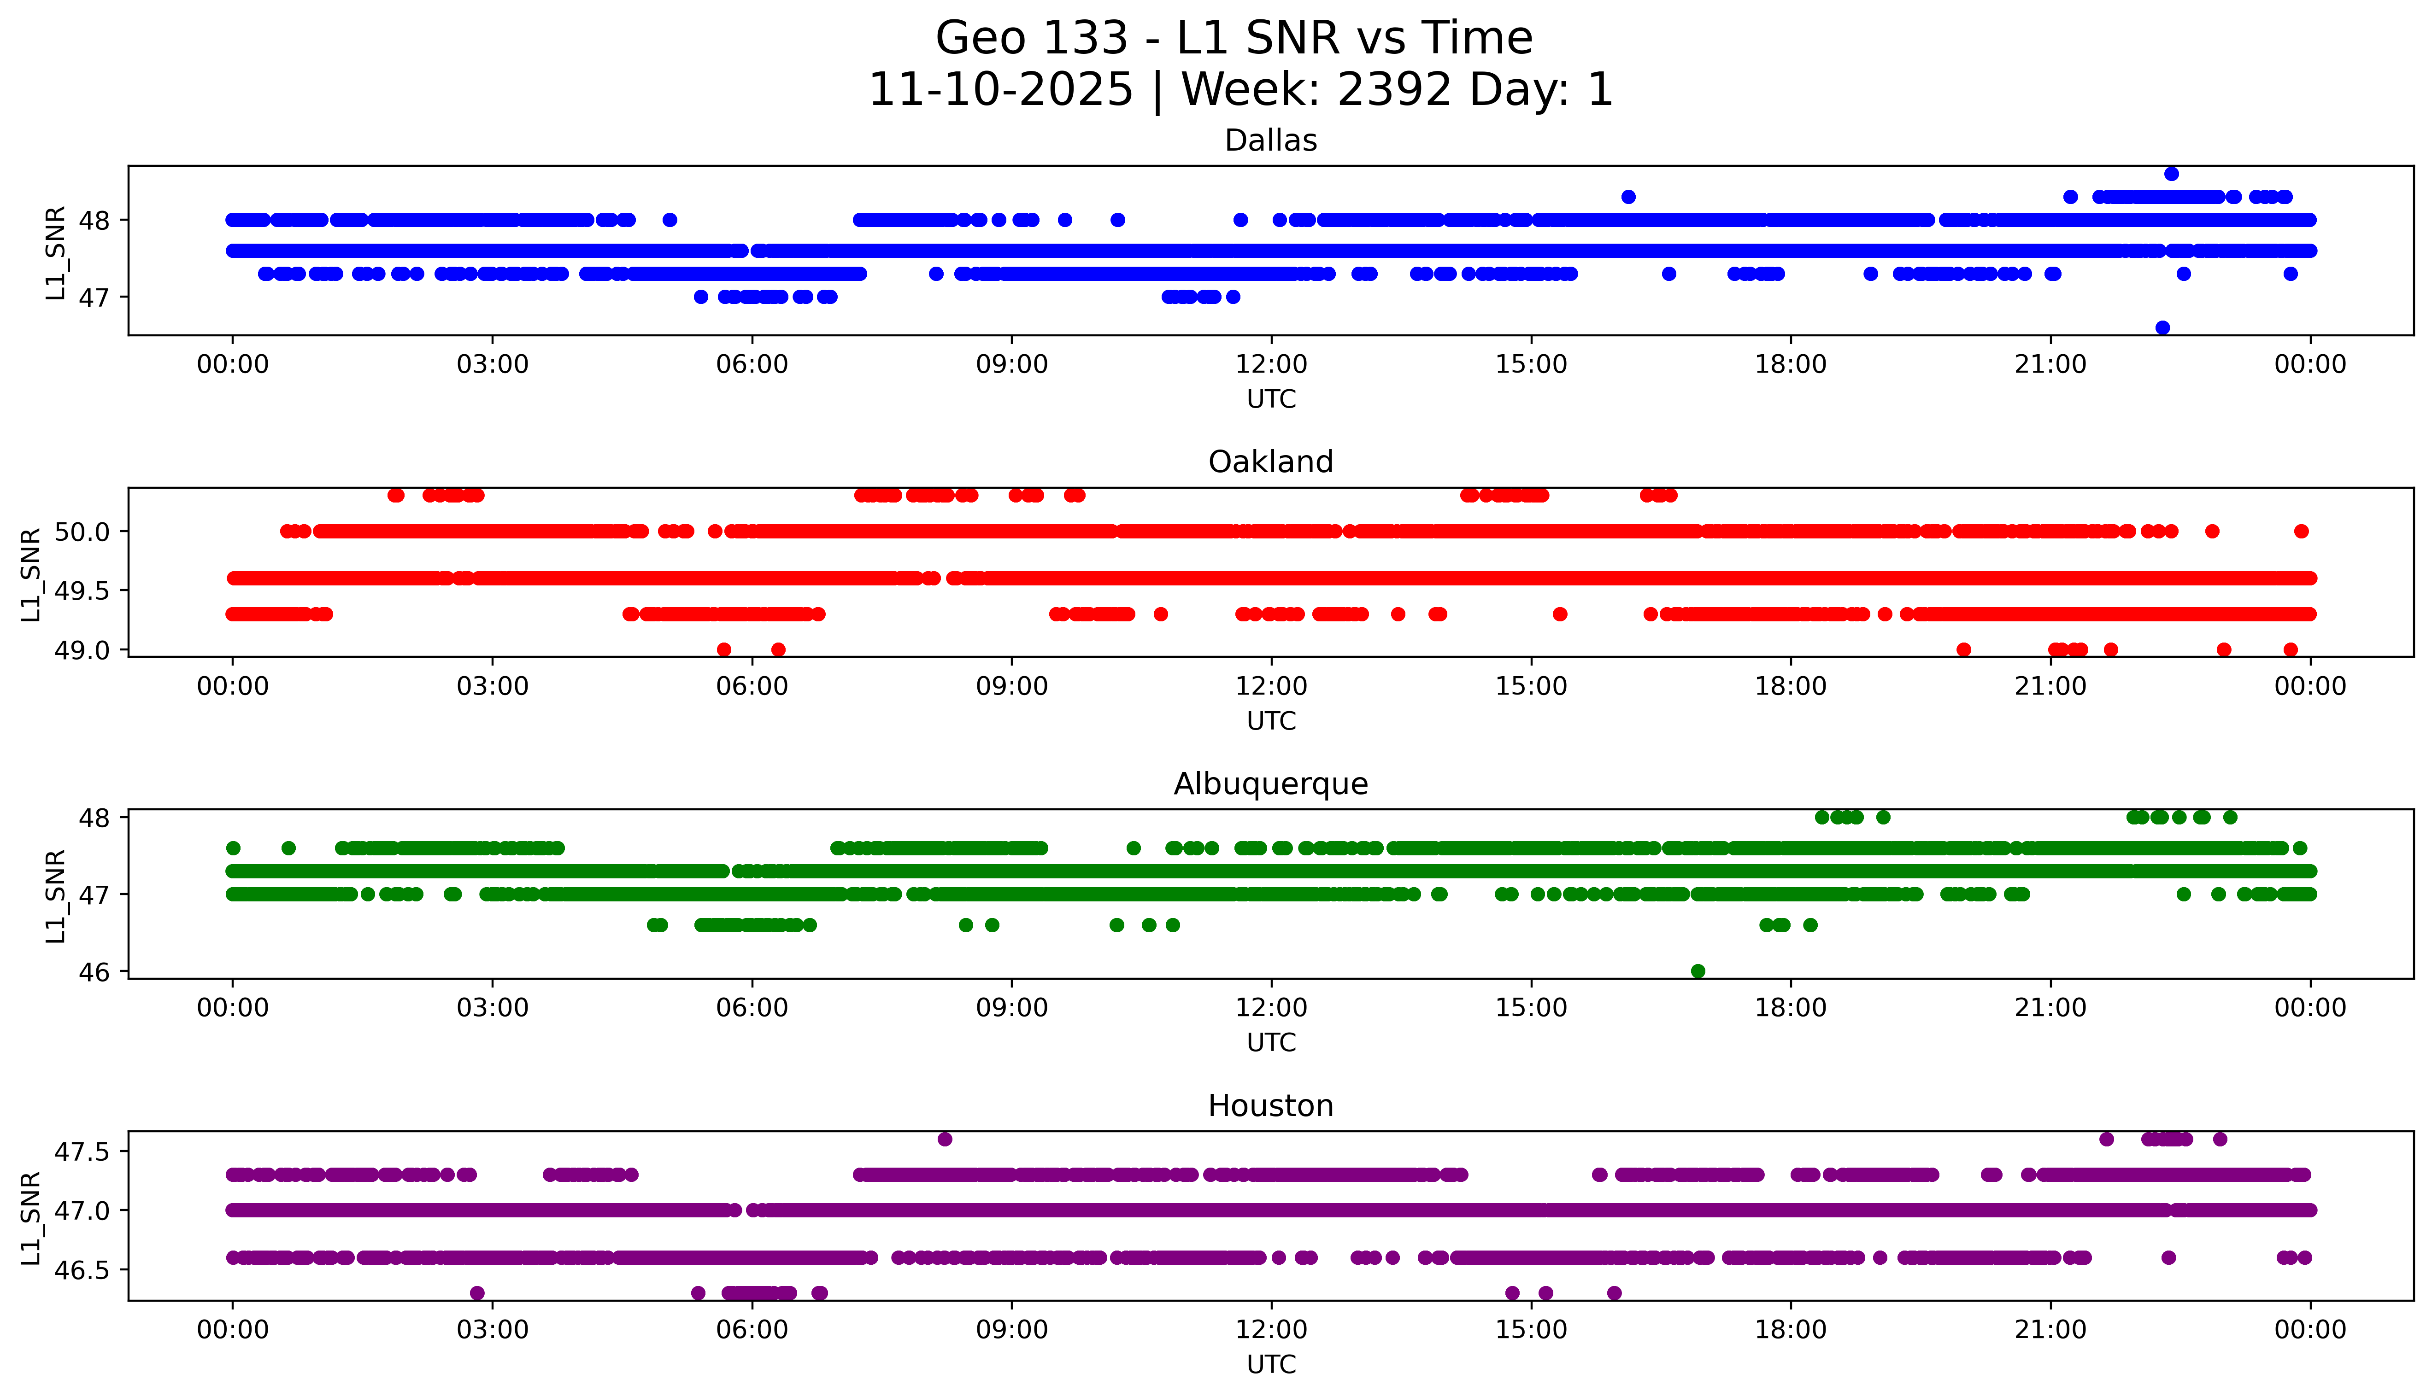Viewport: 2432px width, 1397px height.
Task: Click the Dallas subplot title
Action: tap(1271, 141)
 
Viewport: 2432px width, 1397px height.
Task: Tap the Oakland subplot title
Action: tap(1271, 462)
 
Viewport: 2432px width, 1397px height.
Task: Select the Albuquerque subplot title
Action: tap(1271, 784)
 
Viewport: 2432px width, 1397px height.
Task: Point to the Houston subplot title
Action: tap(1271, 1106)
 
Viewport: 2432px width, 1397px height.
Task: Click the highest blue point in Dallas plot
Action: tap(2171, 174)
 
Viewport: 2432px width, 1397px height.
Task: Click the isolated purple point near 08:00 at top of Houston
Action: tap(945, 1139)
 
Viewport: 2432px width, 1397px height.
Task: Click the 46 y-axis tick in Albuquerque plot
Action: tap(95, 972)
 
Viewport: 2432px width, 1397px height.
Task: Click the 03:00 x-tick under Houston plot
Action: tap(493, 1330)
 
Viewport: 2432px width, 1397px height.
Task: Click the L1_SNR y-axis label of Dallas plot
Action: tap(56, 252)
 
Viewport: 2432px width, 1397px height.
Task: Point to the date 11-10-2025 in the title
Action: tap(1001, 90)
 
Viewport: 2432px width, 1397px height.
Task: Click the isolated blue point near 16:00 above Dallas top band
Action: tap(1628, 197)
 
